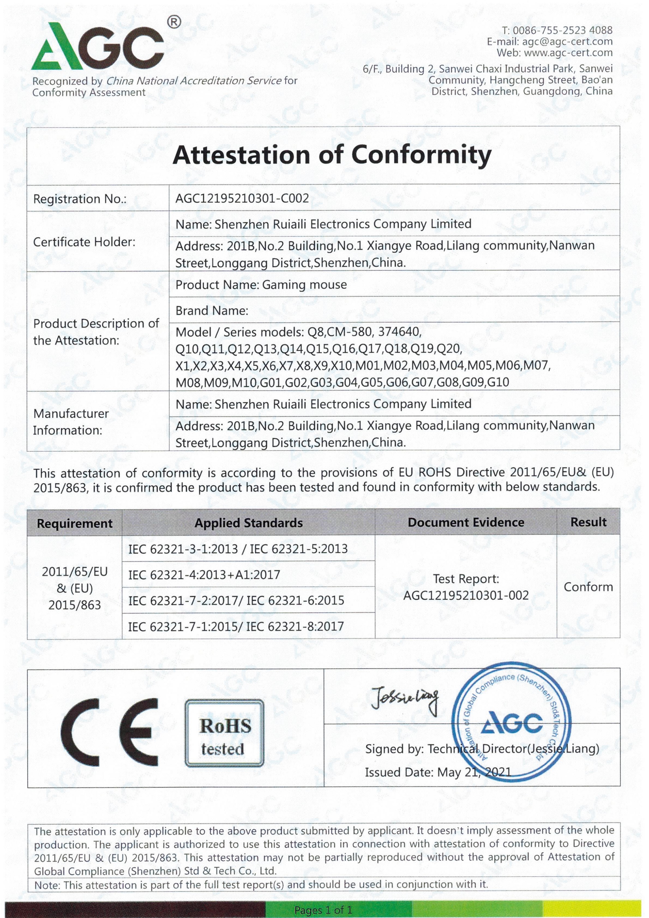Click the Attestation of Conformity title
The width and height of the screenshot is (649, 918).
click(x=332, y=155)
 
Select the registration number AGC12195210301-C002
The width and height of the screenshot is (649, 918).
click(x=242, y=198)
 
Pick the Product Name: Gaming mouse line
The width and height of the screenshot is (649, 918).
click(x=261, y=285)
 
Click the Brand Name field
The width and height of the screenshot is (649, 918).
click(x=212, y=311)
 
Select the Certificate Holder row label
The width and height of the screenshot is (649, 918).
click(x=84, y=242)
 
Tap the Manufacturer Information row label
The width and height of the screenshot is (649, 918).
click(x=71, y=422)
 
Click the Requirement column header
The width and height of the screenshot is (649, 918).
click(x=74, y=523)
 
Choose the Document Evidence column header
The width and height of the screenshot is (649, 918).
click(x=465, y=522)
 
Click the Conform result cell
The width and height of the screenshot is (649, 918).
click(x=588, y=587)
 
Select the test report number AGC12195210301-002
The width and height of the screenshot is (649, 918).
click(x=465, y=595)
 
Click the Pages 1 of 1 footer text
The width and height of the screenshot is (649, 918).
click(x=323, y=910)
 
